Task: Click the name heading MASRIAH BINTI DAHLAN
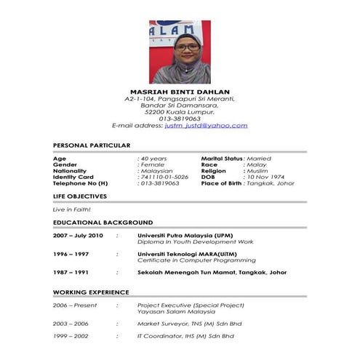coord(180,91)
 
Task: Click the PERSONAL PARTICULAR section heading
coord(92,145)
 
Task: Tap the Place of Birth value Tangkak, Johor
coord(271,183)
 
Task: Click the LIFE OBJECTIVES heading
coord(80,196)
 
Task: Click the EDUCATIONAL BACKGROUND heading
coord(103,222)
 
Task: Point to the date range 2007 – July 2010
coord(78,236)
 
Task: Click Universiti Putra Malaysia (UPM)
coord(185,236)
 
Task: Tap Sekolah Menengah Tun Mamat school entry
coord(212,272)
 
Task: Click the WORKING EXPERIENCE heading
coord(91,292)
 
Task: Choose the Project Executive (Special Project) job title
coord(191,305)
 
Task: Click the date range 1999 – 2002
coord(71,336)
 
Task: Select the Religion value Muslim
coord(258,170)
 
